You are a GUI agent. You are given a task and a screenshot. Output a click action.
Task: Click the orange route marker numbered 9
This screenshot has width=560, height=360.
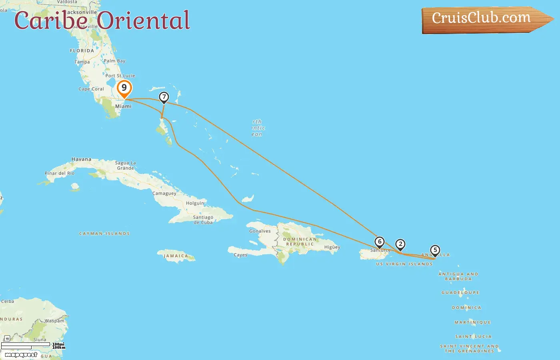pos(124,88)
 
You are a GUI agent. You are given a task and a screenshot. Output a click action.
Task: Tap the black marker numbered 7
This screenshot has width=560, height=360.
pos(164,97)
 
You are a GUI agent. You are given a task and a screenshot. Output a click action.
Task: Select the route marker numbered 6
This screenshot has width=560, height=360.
pos(380,242)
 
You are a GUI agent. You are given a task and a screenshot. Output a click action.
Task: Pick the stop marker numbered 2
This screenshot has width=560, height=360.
pos(400,244)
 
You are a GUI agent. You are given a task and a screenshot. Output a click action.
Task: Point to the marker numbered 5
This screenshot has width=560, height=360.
pos(435,250)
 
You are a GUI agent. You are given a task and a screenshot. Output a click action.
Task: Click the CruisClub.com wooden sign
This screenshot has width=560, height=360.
pos(484,19)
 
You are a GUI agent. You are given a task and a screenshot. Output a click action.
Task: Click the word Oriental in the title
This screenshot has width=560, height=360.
pos(144,21)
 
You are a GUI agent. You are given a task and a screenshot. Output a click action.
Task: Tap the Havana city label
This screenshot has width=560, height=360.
pos(81,159)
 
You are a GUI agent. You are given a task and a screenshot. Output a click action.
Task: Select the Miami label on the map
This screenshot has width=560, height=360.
pos(123,106)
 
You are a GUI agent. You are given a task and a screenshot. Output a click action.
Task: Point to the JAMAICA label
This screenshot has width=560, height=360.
pos(176,256)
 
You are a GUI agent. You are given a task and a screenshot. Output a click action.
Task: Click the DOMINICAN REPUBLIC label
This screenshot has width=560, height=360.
pos(300,242)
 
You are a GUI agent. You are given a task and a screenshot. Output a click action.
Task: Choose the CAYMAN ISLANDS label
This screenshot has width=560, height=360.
pos(104,234)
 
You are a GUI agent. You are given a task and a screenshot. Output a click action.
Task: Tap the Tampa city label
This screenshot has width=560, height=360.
pos(82,62)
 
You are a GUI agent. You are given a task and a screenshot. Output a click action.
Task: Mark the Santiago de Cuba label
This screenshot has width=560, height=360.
pos(203,220)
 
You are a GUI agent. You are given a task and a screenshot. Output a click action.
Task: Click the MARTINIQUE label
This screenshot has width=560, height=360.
pos(472,322)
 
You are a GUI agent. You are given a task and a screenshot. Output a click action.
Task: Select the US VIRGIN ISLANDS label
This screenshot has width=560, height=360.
pos(404,264)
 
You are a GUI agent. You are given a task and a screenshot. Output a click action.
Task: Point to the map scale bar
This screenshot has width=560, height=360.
pos(26,346)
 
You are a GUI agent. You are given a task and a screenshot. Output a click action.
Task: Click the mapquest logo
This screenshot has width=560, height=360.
pos(21,355)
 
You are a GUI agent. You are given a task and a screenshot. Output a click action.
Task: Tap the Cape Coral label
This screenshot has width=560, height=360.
pos(91,89)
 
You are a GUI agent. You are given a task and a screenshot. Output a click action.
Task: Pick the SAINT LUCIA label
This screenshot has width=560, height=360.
pos(473,337)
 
